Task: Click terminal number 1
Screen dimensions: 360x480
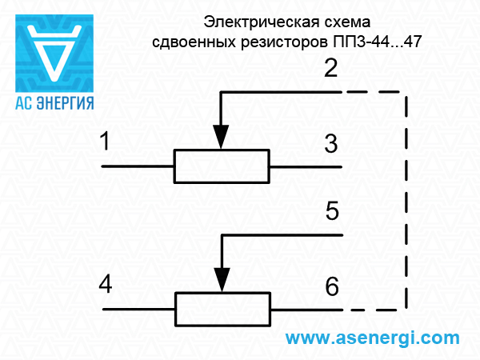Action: click(x=105, y=144)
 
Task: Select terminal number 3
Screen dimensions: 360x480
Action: click(x=331, y=145)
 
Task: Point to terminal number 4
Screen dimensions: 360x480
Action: click(x=105, y=284)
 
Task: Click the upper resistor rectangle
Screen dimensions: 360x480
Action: click(x=222, y=166)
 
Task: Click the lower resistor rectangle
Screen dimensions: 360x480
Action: click(x=222, y=309)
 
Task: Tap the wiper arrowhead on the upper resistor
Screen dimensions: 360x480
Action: click(x=222, y=139)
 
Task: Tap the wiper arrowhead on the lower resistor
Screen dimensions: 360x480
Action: click(x=222, y=282)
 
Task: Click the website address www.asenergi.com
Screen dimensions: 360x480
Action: click(x=373, y=338)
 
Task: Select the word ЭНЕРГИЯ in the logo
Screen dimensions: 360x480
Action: click(x=66, y=102)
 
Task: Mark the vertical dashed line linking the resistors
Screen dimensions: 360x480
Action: click(x=406, y=200)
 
